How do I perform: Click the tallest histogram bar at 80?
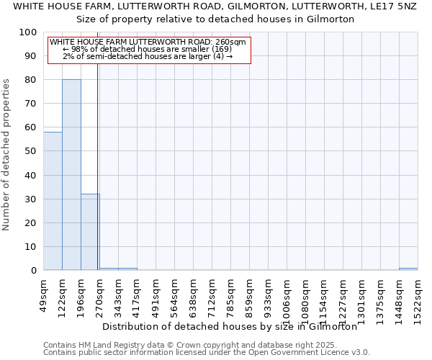71,174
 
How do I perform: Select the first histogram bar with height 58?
53,201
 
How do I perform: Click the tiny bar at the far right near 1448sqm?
408,269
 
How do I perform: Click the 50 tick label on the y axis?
31,151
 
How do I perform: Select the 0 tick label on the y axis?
34,271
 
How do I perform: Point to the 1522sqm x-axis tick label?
418,294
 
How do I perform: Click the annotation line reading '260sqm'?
148,42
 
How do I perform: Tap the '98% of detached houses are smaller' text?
147,49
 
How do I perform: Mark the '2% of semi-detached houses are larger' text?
147,56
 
